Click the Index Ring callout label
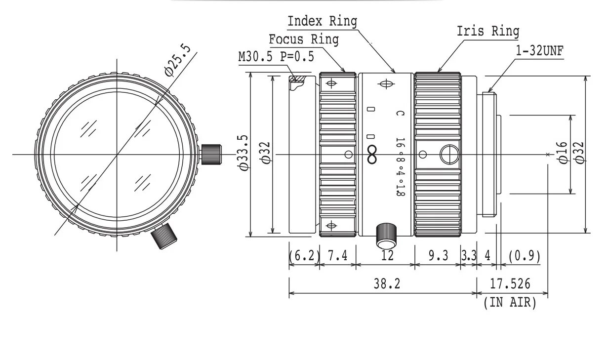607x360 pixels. point(322,21)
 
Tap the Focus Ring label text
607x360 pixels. point(304,40)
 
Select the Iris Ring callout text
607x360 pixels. point(488,31)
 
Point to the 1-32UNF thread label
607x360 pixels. point(539,51)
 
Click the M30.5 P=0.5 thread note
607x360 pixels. point(276,57)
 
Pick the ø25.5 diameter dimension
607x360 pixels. point(178,60)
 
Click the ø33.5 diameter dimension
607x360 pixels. point(244,153)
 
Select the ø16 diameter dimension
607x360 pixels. point(563,153)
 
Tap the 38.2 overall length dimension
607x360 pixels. point(387,284)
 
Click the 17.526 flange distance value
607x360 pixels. point(510,284)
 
